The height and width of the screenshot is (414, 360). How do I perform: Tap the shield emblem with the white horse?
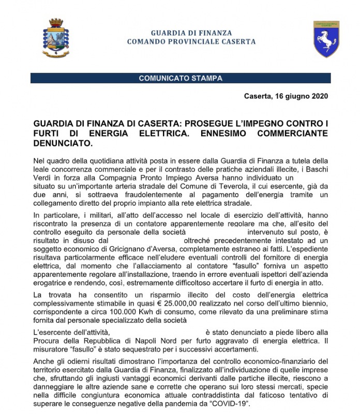tap(326, 39)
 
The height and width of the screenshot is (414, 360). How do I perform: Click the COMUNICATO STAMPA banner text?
tap(181, 79)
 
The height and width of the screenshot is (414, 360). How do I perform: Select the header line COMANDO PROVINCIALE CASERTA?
tap(191, 41)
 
